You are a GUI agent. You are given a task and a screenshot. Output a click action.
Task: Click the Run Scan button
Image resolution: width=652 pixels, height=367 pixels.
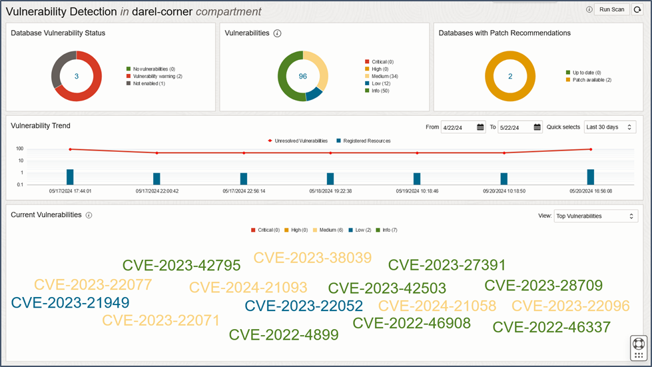[x=611, y=9]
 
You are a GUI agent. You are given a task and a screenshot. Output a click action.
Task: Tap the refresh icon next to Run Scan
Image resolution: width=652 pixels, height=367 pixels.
[x=637, y=9]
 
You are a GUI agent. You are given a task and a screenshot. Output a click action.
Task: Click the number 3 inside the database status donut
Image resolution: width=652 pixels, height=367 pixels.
[x=77, y=77]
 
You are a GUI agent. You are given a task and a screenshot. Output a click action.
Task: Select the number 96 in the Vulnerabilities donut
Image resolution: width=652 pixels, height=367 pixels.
[x=303, y=77]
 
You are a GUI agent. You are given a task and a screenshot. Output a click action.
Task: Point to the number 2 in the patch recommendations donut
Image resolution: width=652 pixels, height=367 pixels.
[x=510, y=77]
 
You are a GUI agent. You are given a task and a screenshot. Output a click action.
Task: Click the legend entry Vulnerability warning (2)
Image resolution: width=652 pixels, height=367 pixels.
[x=157, y=76]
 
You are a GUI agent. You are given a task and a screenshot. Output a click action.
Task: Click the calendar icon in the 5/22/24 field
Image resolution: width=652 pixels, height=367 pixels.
[x=537, y=127]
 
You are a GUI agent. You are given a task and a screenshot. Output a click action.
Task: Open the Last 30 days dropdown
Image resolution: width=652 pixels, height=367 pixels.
[x=609, y=127]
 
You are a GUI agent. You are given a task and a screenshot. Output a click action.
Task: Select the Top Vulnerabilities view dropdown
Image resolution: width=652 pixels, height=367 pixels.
[x=596, y=216]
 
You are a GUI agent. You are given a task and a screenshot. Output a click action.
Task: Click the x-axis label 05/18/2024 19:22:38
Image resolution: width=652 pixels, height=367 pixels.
[x=330, y=190]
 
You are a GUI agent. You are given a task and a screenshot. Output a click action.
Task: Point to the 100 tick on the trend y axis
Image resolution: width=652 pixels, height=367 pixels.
[x=20, y=149]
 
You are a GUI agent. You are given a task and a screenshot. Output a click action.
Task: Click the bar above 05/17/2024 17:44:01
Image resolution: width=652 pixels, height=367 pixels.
[x=70, y=177]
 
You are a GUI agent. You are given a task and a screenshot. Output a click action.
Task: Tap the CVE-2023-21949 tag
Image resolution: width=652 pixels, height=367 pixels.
[x=70, y=302]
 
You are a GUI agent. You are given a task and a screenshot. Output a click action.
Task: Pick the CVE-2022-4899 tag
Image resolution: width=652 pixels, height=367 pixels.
[x=284, y=334]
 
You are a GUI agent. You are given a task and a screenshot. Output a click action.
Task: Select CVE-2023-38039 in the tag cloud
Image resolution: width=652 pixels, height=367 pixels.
[x=312, y=258]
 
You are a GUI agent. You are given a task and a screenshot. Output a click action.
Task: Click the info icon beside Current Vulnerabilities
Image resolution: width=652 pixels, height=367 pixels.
[x=89, y=215]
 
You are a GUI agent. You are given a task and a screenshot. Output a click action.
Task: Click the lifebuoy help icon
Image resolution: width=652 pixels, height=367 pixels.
[x=639, y=344]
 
